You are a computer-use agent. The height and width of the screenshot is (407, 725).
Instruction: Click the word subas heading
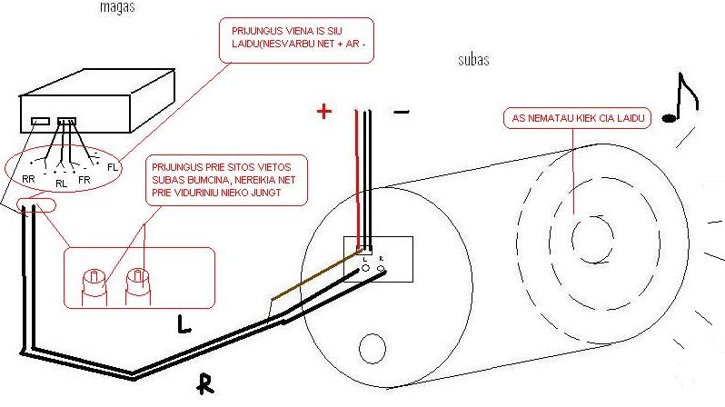[474, 61]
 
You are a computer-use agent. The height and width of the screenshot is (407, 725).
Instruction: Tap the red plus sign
[323, 112]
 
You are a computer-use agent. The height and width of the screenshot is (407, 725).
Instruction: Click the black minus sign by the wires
[402, 112]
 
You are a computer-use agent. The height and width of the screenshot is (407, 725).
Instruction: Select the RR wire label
[28, 180]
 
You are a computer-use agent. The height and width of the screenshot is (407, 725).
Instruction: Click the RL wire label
[62, 184]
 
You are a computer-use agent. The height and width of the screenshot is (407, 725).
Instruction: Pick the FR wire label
[85, 180]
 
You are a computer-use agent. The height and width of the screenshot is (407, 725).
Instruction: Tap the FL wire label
[113, 167]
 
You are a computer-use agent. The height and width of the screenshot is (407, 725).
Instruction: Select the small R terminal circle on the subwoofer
[380, 269]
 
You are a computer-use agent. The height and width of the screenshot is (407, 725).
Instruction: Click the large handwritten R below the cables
[208, 385]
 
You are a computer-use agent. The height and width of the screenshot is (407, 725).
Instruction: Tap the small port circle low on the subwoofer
[372, 347]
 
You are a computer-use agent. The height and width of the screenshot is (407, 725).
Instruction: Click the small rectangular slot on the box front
[41, 120]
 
